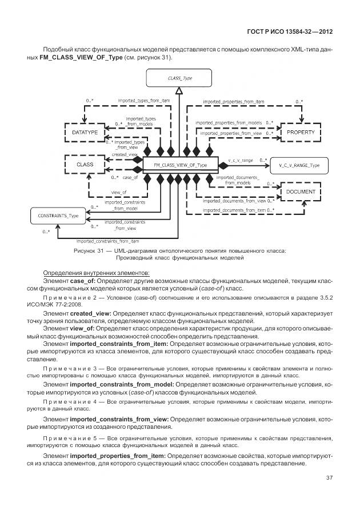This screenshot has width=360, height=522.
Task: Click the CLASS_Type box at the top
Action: coord(179,78)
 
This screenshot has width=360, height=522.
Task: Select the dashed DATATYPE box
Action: coord(85,132)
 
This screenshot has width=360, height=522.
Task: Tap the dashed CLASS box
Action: coord(85,165)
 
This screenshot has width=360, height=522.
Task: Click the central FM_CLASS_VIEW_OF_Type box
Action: coord(180,165)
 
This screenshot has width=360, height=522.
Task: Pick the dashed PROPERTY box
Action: coord(300,132)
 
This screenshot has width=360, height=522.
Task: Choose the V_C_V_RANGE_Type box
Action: coord(299,165)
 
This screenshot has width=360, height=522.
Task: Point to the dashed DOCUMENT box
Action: coord(300,192)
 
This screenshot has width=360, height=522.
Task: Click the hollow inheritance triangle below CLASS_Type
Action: coord(179,91)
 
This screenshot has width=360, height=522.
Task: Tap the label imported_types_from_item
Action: coord(144,101)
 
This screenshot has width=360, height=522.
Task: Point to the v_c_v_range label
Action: coord(240,160)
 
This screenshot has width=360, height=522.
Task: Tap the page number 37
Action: coord(329,477)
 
